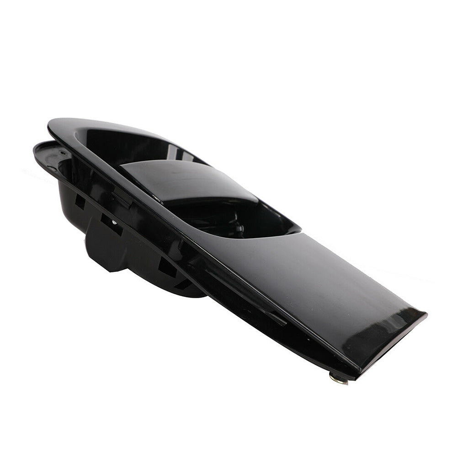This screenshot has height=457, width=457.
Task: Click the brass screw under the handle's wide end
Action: pyautogui.click(x=338, y=379)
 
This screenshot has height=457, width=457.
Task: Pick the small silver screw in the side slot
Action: pyautogui.click(x=113, y=223)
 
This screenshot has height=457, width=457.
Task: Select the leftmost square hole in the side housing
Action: pyautogui.click(x=80, y=201)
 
